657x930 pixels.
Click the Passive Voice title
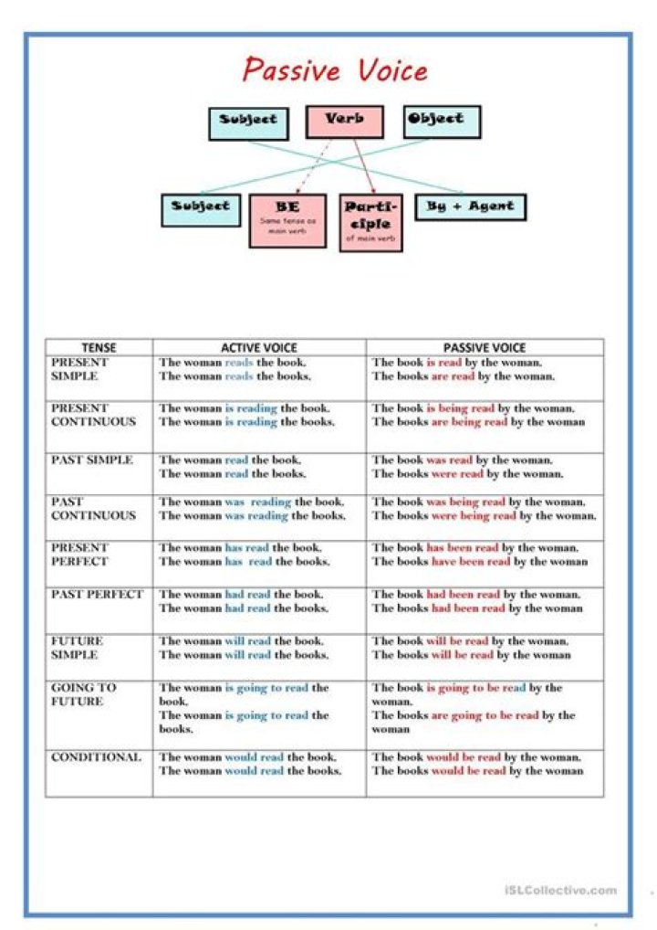(x=335, y=70)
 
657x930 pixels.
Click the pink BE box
(x=287, y=219)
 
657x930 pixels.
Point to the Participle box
(x=369, y=222)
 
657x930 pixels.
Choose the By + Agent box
(x=470, y=207)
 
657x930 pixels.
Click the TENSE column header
(x=99, y=347)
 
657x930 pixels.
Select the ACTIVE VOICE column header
(x=259, y=347)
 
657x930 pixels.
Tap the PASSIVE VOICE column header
(x=485, y=347)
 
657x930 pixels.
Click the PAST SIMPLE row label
(x=92, y=460)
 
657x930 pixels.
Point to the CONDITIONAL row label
(x=97, y=757)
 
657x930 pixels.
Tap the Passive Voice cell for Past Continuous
(x=485, y=509)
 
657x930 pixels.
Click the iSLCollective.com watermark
(x=559, y=890)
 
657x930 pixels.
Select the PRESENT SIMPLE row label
(x=80, y=369)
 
